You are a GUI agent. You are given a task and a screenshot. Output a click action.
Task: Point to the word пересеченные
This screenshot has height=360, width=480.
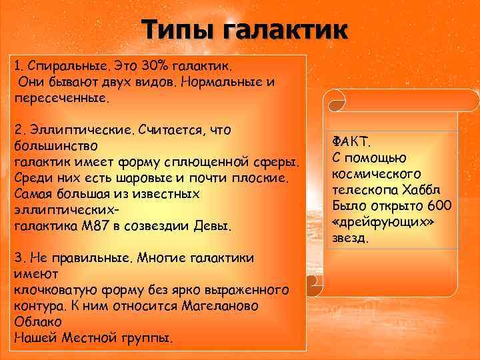59,97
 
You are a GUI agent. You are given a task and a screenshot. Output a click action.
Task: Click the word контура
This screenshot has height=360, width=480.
39,305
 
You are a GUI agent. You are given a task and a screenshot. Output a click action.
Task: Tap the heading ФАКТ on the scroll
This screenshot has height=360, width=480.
352,142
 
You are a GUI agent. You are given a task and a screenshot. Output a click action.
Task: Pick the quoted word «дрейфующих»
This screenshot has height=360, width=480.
383,221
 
